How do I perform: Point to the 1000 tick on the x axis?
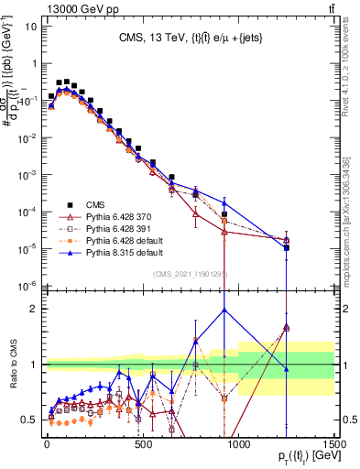[238, 442]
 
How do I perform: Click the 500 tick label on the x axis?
[142, 442]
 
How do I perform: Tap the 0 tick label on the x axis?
[47, 442]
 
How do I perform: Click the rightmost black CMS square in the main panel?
[287, 247]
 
